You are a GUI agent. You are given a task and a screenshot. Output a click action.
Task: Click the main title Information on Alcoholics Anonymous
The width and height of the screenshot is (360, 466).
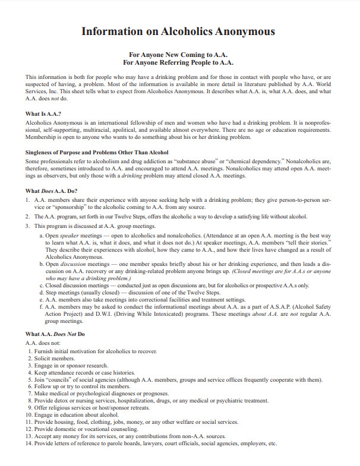pos(178,31)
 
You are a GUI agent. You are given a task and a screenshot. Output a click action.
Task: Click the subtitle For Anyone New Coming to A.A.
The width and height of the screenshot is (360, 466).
pos(178,54)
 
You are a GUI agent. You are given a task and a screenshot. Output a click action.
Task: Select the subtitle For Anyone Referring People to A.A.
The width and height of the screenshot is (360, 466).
pos(178,62)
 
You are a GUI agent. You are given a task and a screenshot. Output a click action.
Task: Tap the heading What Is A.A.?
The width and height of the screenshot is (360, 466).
pos(44,113)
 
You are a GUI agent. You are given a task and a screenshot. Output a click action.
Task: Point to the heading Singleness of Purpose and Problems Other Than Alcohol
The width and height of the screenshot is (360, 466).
pos(97,153)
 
